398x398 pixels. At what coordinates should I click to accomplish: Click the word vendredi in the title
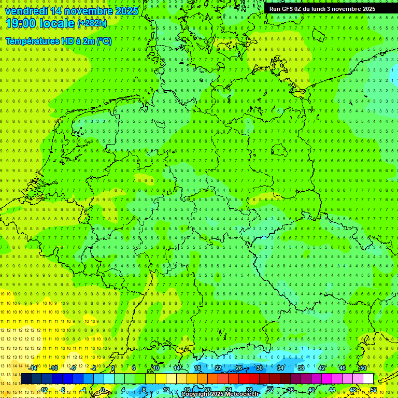pos(26,11)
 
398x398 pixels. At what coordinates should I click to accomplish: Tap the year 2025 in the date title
pos(125,11)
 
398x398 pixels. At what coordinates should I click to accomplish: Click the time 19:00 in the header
pos(21,23)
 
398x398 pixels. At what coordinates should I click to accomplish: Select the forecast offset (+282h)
pos(93,23)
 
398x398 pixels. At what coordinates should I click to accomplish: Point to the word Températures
pos(32,41)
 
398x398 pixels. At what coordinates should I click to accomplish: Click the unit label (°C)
pos(104,41)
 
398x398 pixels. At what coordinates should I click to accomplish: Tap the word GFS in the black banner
pos(287,9)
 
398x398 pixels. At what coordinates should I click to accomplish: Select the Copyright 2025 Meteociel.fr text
pos(220,394)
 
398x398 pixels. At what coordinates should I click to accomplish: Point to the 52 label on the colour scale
pos(374,389)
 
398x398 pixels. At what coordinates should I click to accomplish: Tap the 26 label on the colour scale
pos(239,368)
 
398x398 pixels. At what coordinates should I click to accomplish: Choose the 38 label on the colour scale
pos(301,368)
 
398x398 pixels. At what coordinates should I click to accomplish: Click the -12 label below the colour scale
pos(44,389)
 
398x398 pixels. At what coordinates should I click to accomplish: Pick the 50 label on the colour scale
pos(363,368)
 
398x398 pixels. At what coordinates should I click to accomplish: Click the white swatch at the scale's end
pos(368,378)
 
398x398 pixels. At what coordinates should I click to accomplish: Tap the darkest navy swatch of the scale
pos(26,378)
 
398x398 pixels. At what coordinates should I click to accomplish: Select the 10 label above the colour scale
pos(156,368)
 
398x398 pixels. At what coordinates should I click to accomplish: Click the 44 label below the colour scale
pos(332,389)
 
